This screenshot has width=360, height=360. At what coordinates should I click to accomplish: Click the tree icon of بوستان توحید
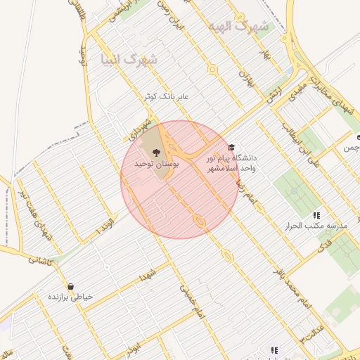(156, 151)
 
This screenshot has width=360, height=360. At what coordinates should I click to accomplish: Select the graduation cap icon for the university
(231, 147)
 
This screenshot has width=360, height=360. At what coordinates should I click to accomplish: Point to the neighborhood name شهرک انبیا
(129, 60)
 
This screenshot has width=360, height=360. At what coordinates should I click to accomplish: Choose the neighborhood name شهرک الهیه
(238, 26)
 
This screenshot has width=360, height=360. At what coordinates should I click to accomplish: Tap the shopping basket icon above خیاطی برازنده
(70, 286)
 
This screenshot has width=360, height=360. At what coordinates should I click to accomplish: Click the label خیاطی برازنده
(70, 297)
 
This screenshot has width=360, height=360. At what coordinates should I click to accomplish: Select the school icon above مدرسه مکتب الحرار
(316, 214)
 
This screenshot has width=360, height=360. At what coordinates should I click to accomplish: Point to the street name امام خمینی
(191, 299)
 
